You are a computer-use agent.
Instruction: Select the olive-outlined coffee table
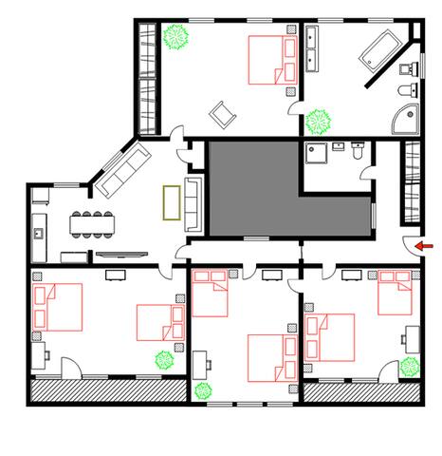click(x=172, y=202)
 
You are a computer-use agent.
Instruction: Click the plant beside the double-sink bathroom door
click(x=319, y=121)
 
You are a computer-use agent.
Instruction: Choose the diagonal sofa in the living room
click(x=121, y=171)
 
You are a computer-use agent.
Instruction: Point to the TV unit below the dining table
click(x=121, y=254)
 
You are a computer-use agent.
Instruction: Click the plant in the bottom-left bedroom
click(x=164, y=360)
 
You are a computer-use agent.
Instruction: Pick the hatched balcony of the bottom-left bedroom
click(x=106, y=389)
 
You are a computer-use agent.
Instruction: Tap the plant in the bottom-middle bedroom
click(x=202, y=389)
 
